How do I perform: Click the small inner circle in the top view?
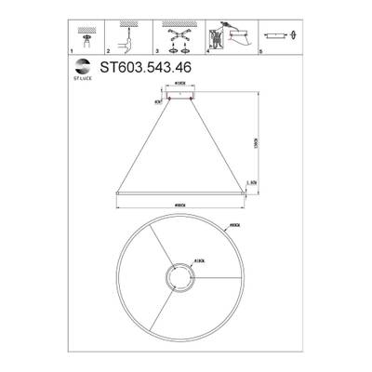click(178, 276)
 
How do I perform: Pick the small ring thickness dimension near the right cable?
click(249, 183)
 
